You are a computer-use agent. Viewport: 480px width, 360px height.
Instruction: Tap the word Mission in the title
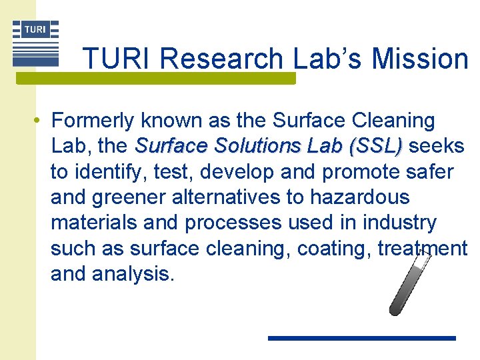coord(420,59)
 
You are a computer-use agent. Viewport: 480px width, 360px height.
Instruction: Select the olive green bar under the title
coord(155,79)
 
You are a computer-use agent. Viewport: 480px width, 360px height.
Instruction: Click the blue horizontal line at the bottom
coord(361,338)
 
